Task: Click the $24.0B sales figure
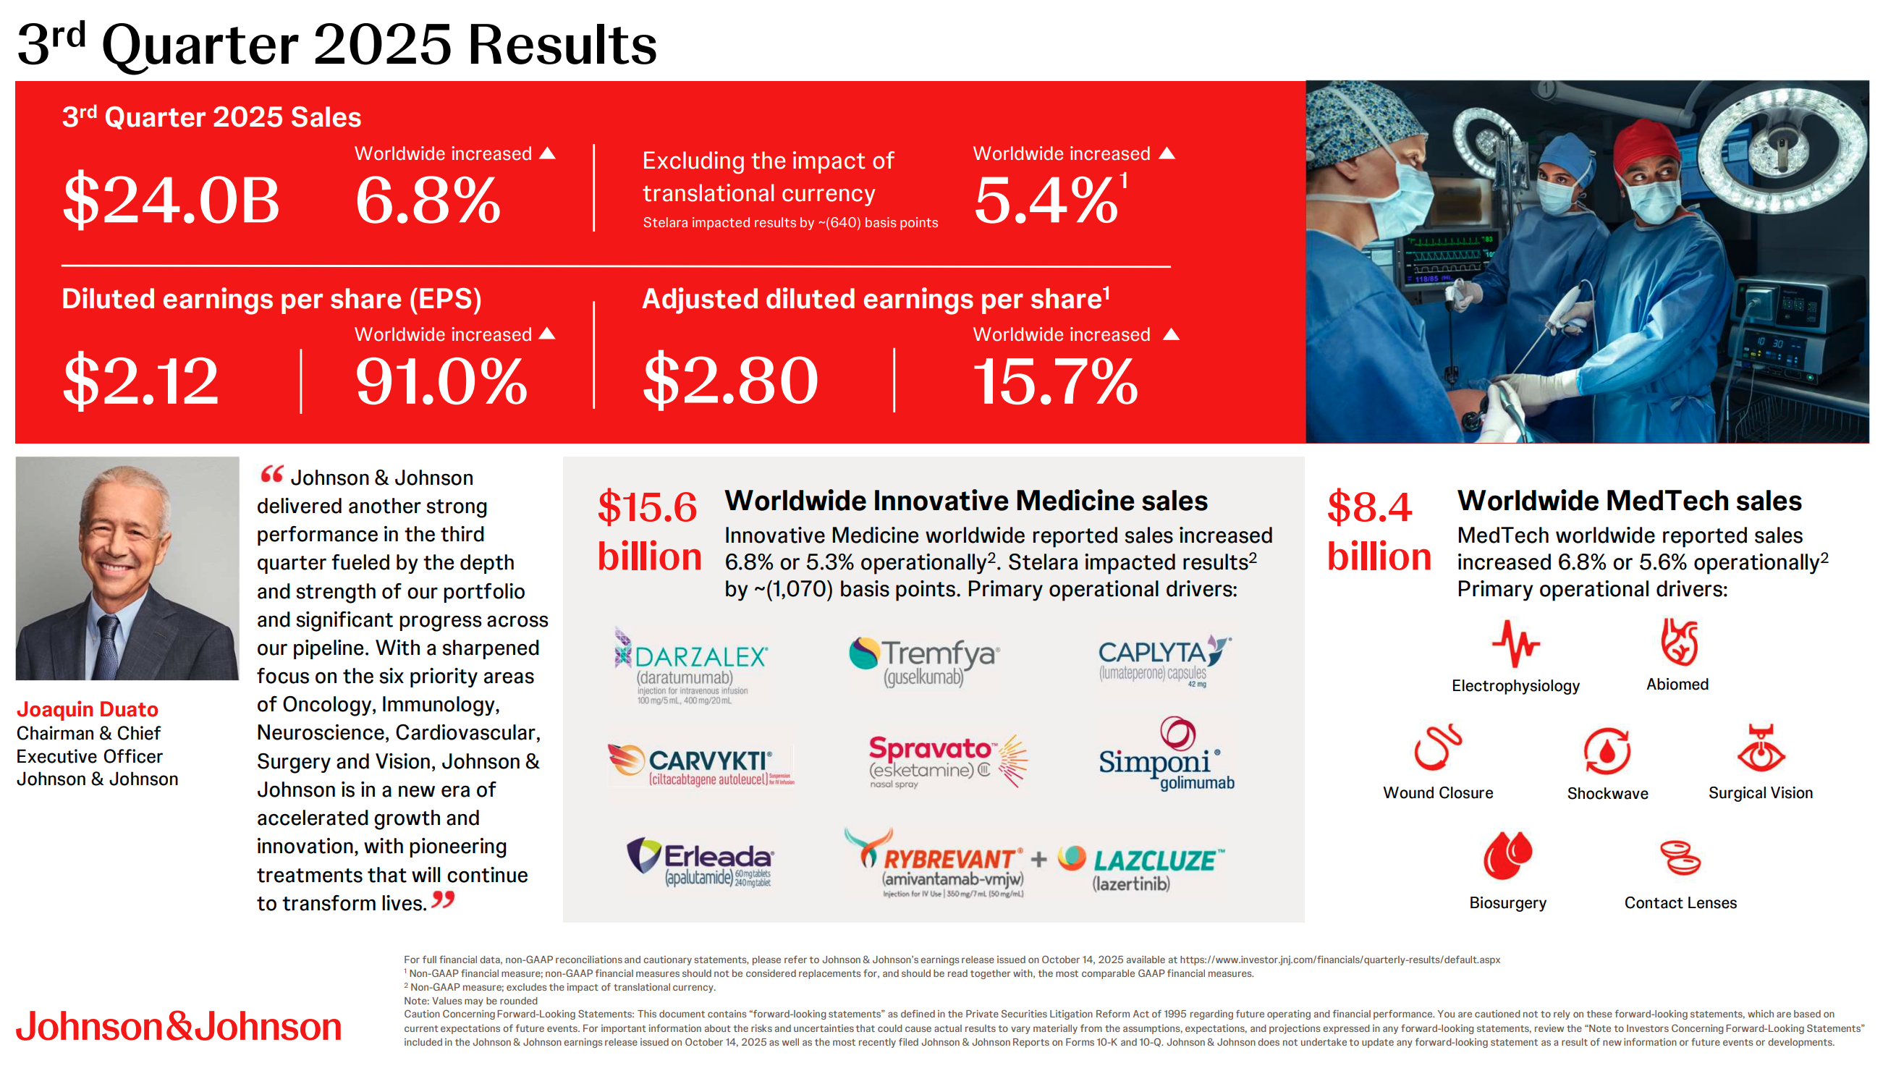tap(172, 200)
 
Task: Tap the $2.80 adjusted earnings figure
tap(731, 381)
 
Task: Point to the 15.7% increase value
tap(1056, 381)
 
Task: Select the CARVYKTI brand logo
tap(701, 765)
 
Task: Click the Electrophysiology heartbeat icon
tap(1515, 643)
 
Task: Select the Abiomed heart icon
tap(1679, 642)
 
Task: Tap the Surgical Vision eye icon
tap(1761, 749)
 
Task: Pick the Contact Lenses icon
tap(1680, 857)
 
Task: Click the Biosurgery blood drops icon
tap(1507, 855)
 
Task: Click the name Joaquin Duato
tap(87, 708)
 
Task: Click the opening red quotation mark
tap(271, 474)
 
